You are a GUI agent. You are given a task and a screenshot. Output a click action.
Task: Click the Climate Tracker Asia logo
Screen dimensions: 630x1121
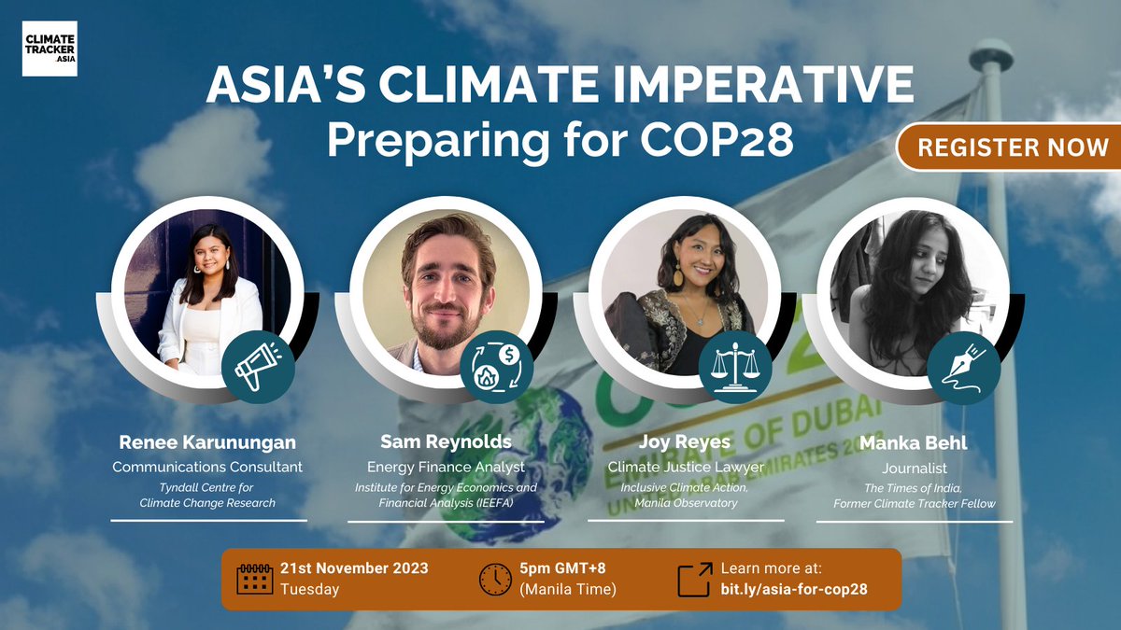pos(50,49)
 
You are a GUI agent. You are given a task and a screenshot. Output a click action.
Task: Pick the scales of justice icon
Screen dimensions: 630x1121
pos(735,367)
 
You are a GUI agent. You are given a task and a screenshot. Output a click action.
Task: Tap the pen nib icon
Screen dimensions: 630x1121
pos(964,367)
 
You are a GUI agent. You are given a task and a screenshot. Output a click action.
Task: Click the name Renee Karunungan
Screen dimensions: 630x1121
pos(207,441)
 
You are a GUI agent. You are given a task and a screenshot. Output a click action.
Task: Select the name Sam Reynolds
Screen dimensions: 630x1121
pos(446,441)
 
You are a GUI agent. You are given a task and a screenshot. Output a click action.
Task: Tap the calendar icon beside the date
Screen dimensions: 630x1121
pos(255,579)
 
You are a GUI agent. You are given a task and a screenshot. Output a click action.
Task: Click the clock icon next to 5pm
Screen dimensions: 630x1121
pos(495,579)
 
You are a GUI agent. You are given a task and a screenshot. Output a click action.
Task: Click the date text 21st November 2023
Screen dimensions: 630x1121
pos(354,568)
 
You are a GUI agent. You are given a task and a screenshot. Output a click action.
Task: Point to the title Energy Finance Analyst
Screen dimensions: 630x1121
pos(446,466)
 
